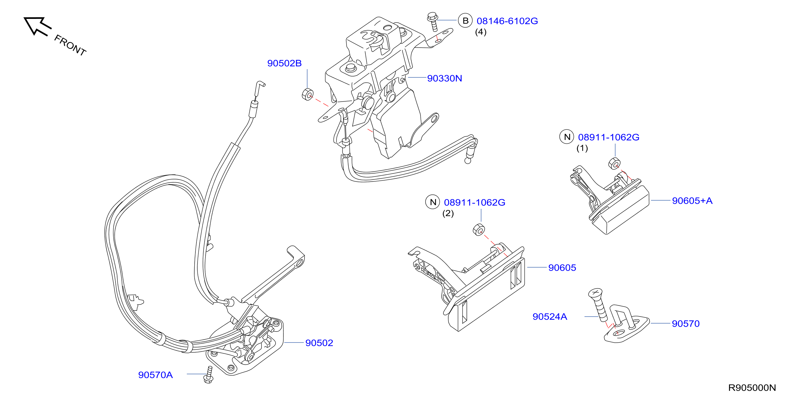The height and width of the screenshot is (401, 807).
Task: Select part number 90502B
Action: pos(284,63)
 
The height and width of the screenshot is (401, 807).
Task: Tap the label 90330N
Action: pos(444,78)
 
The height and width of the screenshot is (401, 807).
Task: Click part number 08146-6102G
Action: pos(507,21)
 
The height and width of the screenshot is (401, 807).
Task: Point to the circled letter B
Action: pos(465,21)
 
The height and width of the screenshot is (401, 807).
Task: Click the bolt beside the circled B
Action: pos(433,22)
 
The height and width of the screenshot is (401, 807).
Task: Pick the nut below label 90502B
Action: pos(307,94)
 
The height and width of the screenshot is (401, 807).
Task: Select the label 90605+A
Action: pos(692,201)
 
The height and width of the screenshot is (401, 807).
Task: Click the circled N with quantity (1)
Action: pos(567,137)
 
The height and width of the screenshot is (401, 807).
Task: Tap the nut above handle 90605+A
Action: pos(614,164)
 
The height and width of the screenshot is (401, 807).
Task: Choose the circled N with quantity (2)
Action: pos(433,202)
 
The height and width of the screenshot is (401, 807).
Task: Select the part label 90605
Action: pos(562,268)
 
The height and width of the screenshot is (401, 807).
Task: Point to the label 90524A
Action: pos(550,317)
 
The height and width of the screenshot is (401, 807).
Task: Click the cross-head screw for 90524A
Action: pos(598,305)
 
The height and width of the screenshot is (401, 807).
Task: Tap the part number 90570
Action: pos(686,323)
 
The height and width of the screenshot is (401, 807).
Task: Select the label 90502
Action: pos(319,343)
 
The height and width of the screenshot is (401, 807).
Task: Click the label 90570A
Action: pos(155,375)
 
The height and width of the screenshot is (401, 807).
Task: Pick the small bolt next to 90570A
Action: pos(209,375)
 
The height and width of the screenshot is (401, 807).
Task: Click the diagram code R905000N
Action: pos(752,388)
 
